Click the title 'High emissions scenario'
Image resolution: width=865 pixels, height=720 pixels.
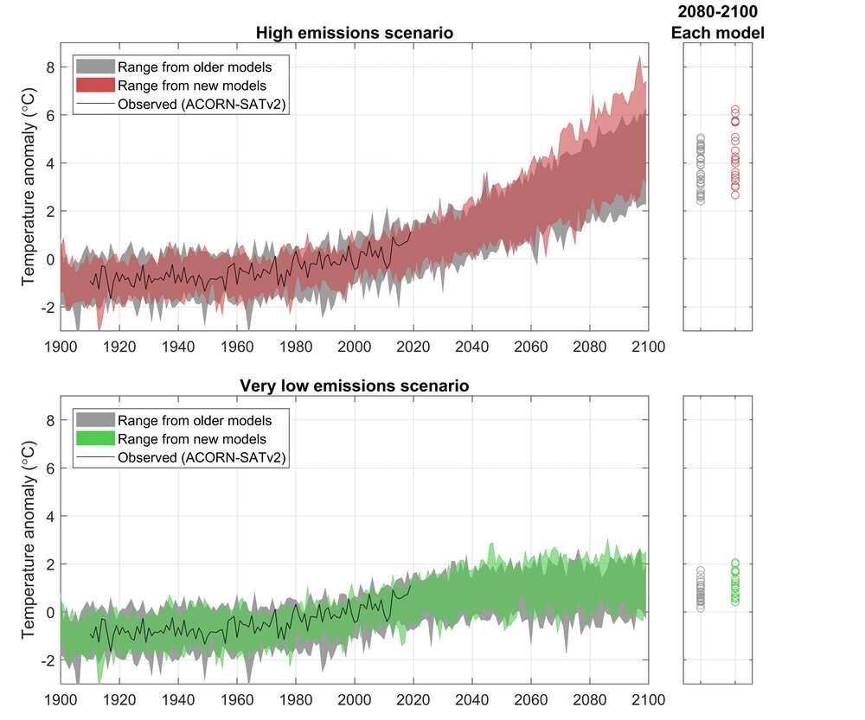click(x=355, y=33)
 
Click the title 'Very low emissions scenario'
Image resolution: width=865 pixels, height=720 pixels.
click(x=355, y=385)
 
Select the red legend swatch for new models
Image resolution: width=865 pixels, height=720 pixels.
click(x=93, y=86)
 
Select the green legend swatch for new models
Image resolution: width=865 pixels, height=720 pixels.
click(x=93, y=439)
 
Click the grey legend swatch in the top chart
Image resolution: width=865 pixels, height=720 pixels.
click(x=93, y=67)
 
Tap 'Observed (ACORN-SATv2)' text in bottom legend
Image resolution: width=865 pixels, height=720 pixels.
click(x=202, y=457)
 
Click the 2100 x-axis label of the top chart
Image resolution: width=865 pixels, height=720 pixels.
click(x=648, y=347)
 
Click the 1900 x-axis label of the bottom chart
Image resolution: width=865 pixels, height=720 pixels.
click(x=60, y=700)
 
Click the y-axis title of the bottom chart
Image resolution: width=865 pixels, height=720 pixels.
click(x=28, y=540)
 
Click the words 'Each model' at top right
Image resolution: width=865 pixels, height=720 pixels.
click(x=718, y=33)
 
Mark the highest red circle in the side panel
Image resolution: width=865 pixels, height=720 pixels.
click(x=735, y=110)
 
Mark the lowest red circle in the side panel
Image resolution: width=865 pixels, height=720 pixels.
click(x=735, y=194)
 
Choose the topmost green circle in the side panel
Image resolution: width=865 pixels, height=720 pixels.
click(x=735, y=563)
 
